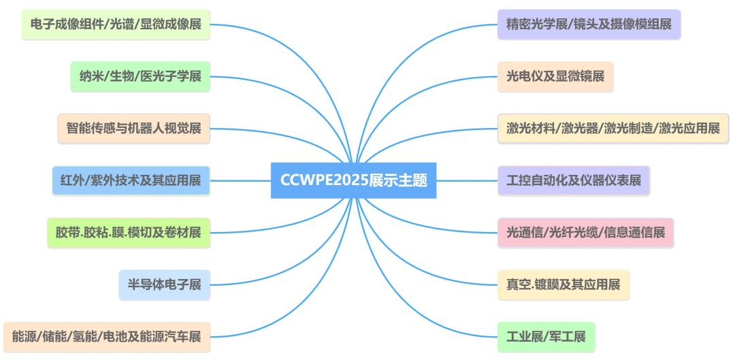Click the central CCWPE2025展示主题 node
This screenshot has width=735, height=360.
353,180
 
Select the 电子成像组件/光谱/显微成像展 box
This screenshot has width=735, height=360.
116,25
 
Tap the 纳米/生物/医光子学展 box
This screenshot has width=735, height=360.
140,76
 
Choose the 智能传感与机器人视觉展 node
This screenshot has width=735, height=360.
134,128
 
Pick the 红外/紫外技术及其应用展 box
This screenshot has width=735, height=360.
131,180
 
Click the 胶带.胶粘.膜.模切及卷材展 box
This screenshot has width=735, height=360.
129,232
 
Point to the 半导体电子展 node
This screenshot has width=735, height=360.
165,284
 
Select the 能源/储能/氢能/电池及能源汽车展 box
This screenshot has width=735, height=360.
107,336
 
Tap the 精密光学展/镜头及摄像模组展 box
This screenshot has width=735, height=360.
589,24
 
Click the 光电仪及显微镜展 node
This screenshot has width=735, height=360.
555,76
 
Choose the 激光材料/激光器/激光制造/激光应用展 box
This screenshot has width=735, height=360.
613,128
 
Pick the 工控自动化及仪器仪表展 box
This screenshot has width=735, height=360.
574,180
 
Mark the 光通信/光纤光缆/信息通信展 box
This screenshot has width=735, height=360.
585,232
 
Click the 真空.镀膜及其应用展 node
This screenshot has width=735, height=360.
563,284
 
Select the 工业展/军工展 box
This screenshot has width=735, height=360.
546,336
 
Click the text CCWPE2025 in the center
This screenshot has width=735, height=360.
324,180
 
